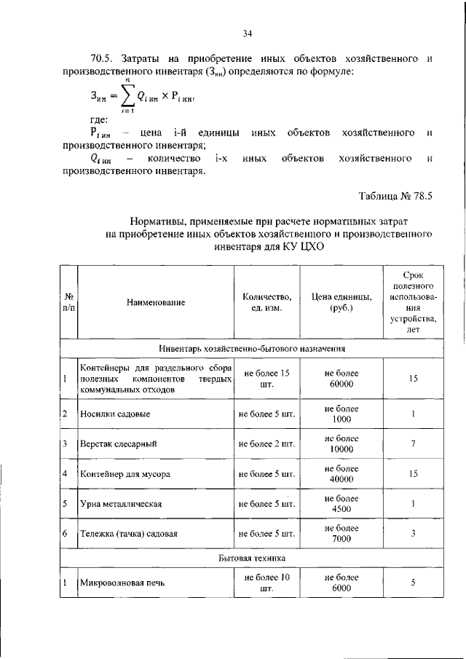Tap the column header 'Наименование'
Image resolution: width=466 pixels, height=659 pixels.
click(x=155, y=302)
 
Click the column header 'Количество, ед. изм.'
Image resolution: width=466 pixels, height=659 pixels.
click(x=267, y=302)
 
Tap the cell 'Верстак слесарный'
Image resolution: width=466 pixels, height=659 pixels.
click(x=119, y=443)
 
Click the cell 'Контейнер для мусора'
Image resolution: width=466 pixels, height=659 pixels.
click(x=126, y=473)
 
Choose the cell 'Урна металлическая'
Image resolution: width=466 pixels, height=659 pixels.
click(x=121, y=503)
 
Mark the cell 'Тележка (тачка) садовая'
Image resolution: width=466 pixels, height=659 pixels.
click(x=131, y=533)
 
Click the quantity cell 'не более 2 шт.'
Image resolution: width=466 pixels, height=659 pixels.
click(x=267, y=443)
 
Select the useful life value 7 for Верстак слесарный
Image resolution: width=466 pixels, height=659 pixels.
click(x=412, y=443)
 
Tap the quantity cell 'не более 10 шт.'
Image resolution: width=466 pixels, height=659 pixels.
click(x=267, y=583)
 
